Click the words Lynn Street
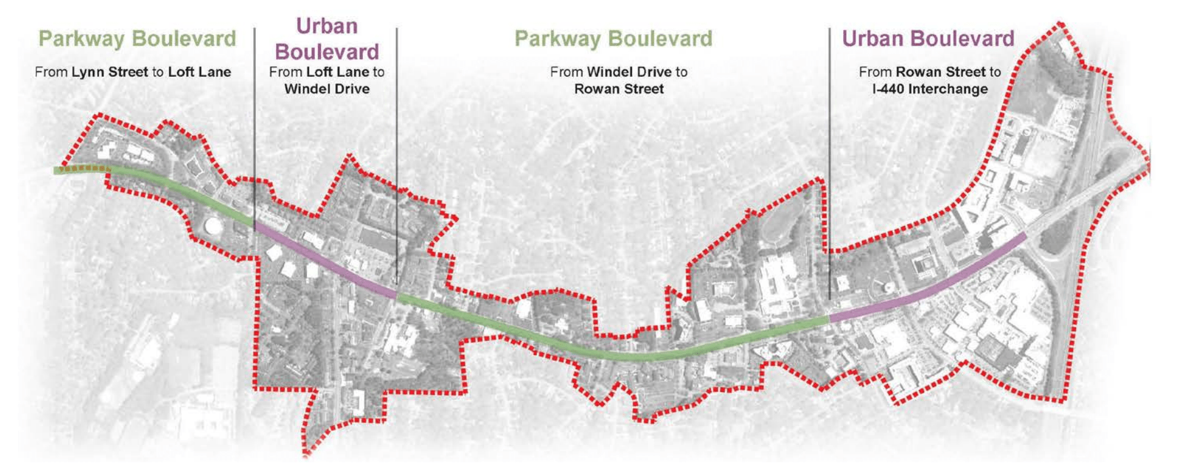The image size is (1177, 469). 109,72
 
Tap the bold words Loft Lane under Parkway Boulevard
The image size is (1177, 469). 199,72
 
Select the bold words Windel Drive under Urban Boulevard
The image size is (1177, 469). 327,89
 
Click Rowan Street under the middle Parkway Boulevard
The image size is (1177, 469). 619,89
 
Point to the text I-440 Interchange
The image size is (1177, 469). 930,89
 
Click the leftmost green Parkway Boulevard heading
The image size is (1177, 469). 137,39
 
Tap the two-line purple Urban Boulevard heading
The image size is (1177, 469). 327,39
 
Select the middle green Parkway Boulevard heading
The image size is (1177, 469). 613,39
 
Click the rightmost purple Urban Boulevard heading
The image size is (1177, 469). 927,39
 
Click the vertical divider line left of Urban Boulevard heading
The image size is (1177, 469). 255,123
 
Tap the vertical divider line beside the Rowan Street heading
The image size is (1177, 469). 830,154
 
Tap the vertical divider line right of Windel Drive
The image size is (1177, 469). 397,154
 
